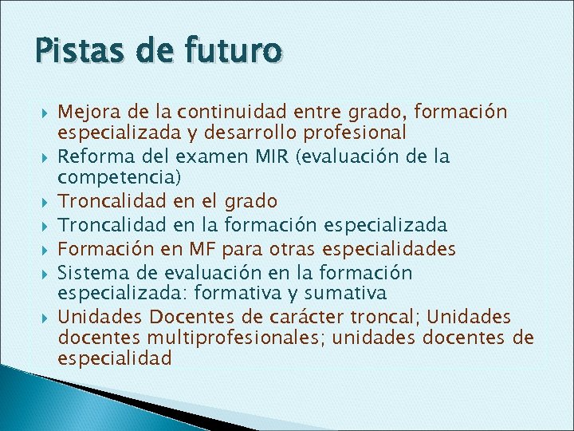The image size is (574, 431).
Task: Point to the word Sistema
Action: click(x=88, y=273)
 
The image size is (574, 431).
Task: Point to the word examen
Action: click(x=202, y=156)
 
